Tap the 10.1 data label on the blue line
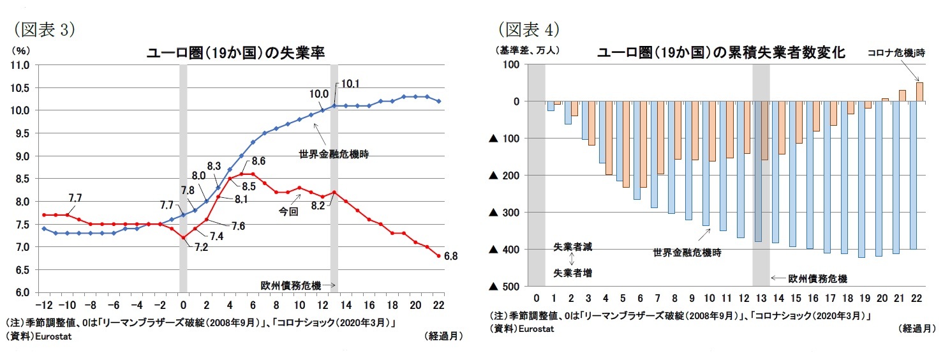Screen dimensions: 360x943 pyautogui.click(x=350, y=83)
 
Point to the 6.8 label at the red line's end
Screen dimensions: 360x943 pyautogui.click(x=450, y=257)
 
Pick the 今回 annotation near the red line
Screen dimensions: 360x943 pyautogui.click(x=288, y=210)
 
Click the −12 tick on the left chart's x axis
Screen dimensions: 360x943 pyautogui.click(x=44, y=303)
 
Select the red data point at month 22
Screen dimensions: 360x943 pyautogui.click(x=438, y=257)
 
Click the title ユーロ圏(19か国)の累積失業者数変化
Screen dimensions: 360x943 pyautogui.click(x=721, y=53)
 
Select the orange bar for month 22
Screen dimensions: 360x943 pyautogui.click(x=919, y=92)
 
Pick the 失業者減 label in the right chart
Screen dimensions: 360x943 pyautogui.click(x=572, y=246)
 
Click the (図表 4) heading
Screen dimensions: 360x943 pyautogui.click(x=529, y=30)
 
